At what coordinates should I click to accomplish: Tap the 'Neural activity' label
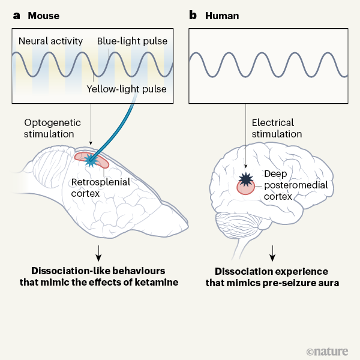(x=50, y=41)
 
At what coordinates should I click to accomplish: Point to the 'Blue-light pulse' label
(x=131, y=41)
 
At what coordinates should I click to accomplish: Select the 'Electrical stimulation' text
(x=277, y=128)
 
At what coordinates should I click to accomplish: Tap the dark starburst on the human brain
(x=247, y=178)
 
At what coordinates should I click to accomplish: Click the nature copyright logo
(x=331, y=349)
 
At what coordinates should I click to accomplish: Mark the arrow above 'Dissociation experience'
(x=272, y=251)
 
